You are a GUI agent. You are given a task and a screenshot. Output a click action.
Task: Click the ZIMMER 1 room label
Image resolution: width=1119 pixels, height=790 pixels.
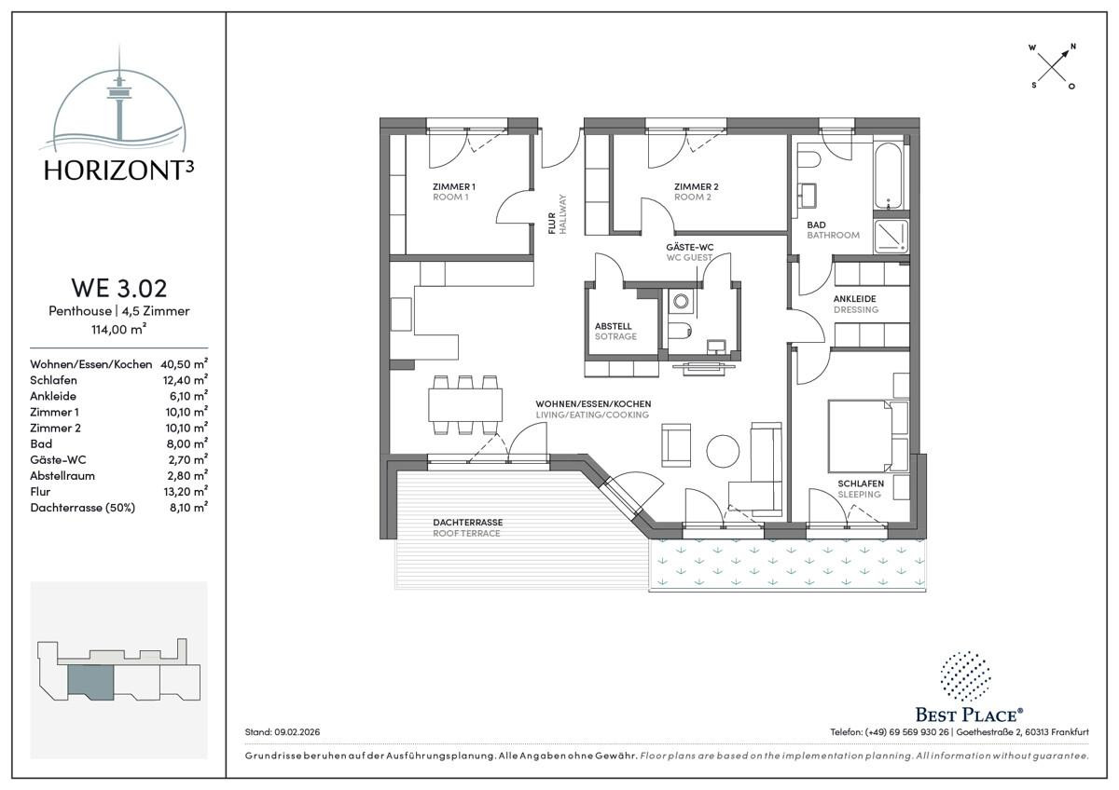pyautogui.click(x=453, y=186)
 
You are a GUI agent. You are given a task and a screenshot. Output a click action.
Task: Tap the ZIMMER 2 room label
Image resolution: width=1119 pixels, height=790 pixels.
pyautogui.click(x=696, y=186)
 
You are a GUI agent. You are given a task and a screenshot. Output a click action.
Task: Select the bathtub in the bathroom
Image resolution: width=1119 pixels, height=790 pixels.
pyautogui.click(x=888, y=176)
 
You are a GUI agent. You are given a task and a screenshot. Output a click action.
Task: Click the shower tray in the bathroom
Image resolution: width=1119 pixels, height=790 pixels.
pyautogui.click(x=891, y=236)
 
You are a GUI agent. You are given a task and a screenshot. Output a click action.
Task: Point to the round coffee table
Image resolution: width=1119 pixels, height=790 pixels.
pyautogui.click(x=723, y=451)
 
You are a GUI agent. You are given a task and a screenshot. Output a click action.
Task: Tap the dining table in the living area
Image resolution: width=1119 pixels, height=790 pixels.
pyautogui.click(x=465, y=405)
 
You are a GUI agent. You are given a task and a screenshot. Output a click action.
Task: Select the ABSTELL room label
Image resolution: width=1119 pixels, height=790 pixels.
pyautogui.click(x=613, y=326)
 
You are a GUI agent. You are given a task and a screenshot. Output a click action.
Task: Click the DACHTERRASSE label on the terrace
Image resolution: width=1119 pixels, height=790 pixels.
pyautogui.click(x=467, y=523)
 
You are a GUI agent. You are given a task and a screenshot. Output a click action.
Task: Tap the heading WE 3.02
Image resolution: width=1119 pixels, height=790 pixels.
pyautogui.click(x=119, y=288)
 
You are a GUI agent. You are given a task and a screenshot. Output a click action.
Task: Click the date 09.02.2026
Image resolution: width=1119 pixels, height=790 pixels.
pyautogui.click(x=297, y=732)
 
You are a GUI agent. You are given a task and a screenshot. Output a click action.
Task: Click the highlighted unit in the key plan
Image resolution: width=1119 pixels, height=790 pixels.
pyautogui.click(x=90, y=680)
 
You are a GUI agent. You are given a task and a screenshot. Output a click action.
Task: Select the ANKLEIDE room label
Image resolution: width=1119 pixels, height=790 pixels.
pyautogui.click(x=855, y=299)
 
